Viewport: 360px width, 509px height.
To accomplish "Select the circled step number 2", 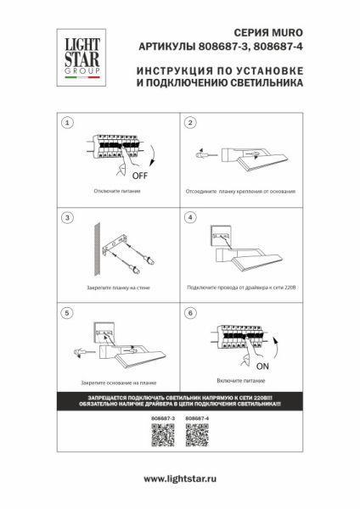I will [x=191, y=123].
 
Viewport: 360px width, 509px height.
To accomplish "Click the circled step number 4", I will [x=191, y=218].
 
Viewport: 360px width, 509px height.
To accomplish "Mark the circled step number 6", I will [x=191, y=313].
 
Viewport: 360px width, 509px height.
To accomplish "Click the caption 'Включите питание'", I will [x=235, y=383].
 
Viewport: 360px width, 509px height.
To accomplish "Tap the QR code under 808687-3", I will [x=162, y=435].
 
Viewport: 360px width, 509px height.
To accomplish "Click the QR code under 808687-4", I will [x=197, y=435].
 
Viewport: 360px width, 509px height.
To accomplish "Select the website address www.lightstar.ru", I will [x=180, y=479].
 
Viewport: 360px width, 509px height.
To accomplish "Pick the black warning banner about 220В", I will [x=180, y=401].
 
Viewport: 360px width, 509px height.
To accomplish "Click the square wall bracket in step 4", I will [x=222, y=231].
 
